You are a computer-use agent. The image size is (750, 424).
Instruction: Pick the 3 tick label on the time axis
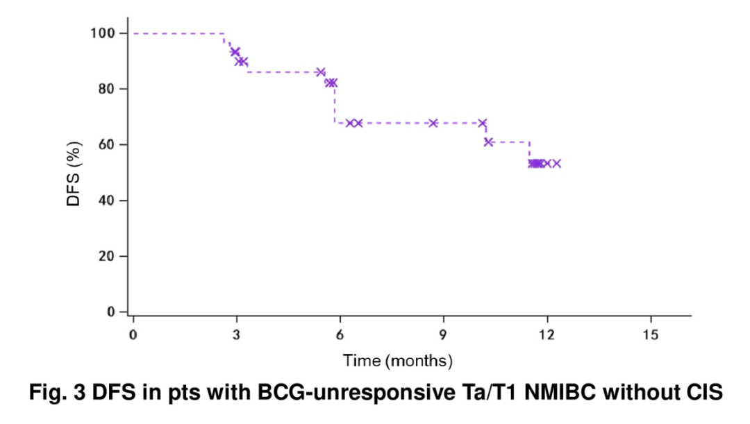pyautogui.click(x=236, y=334)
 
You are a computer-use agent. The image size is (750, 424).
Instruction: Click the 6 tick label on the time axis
pyautogui.click(x=340, y=334)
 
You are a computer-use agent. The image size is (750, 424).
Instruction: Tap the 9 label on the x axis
pyautogui.click(x=443, y=334)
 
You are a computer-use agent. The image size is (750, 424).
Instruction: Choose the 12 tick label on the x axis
pyautogui.click(x=547, y=334)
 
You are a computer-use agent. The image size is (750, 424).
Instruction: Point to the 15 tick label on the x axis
pyautogui.click(x=651, y=334)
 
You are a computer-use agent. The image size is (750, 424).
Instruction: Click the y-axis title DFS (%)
pyautogui.click(x=74, y=173)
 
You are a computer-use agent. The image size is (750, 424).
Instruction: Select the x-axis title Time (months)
pyautogui.click(x=397, y=361)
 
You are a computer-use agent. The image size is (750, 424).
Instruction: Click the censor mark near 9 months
pyautogui.click(x=433, y=123)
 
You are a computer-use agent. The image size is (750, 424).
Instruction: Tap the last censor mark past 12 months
pyautogui.click(x=556, y=164)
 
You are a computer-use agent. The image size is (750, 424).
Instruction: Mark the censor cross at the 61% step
pyautogui.click(x=488, y=142)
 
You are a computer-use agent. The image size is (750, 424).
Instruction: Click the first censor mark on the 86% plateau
pyautogui.click(x=320, y=72)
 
